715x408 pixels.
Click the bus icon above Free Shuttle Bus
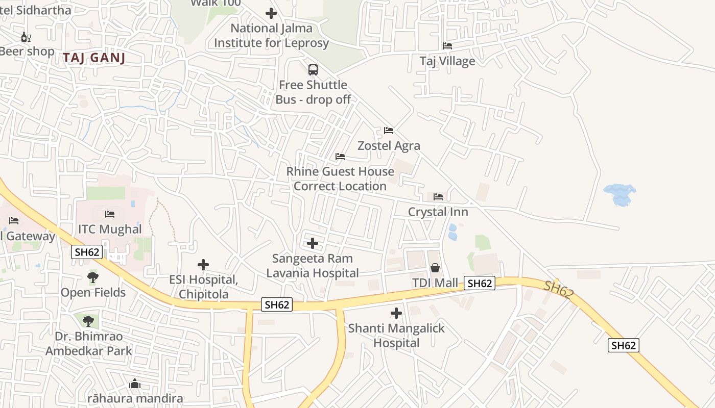(313, 70)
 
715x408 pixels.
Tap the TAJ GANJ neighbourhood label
(94, 58)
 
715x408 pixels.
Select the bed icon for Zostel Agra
(389, 131)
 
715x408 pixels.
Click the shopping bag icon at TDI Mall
(435, 267)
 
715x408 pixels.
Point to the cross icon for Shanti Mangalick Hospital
(396, 313)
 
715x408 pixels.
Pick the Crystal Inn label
(438, 212)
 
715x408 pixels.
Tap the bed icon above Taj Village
(447, 46)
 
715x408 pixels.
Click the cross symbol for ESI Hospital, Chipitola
(203, 265)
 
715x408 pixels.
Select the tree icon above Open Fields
(93, 277)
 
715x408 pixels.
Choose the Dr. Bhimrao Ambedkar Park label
(89, 344)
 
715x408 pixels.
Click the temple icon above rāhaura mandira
(135, 384)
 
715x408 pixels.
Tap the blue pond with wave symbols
(619, 194)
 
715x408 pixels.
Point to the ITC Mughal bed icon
(109, 214)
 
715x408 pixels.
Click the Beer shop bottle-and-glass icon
(26, 37)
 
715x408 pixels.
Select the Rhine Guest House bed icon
(340, 157)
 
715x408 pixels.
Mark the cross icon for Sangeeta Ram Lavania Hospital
(313, 243)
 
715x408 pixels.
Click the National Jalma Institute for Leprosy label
(271, 36)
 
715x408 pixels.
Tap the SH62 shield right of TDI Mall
(480, 284)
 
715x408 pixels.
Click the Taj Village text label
(447, 61)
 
